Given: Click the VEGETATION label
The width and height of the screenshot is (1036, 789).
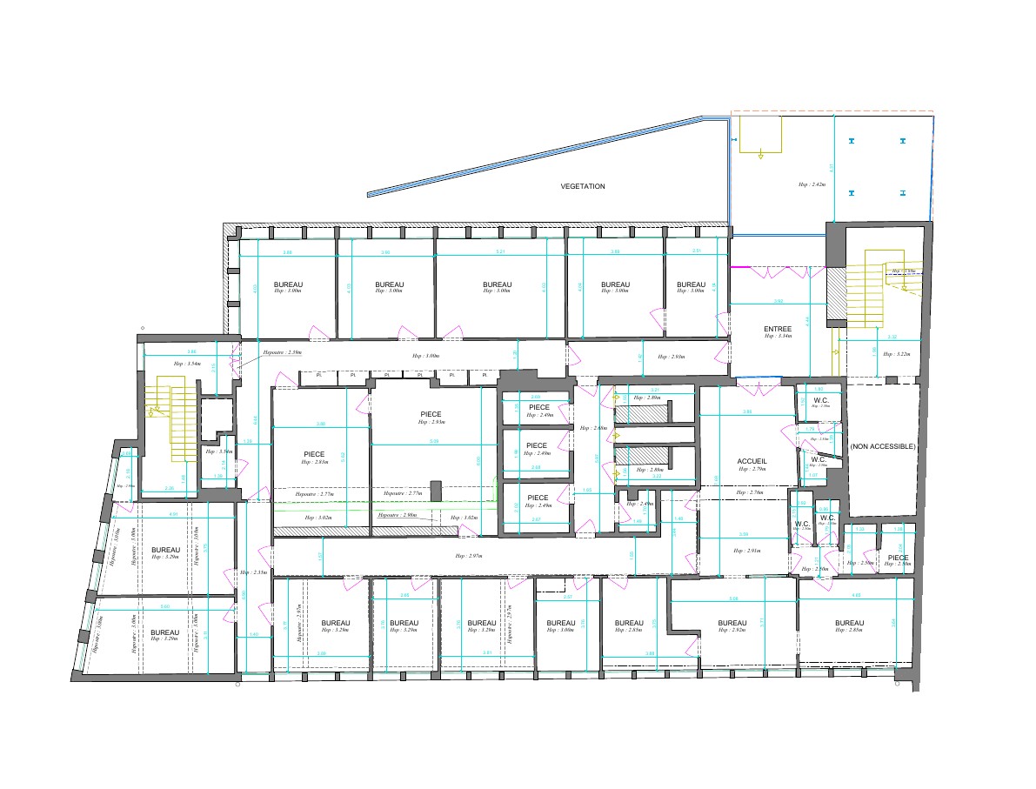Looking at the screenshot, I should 583,186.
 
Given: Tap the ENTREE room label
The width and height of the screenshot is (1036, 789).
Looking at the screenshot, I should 778,329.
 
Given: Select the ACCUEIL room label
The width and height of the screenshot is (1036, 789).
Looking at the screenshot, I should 752,461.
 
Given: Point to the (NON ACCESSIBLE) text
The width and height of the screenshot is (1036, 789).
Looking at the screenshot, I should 883,446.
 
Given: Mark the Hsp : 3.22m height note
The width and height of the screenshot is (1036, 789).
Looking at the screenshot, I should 896,355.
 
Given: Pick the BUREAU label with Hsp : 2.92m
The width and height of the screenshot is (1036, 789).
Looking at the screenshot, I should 732,623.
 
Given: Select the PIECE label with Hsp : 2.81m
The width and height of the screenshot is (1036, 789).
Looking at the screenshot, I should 315,454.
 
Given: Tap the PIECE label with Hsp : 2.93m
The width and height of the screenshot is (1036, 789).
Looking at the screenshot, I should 431,414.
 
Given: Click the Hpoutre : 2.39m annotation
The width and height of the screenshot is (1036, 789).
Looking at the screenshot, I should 282,352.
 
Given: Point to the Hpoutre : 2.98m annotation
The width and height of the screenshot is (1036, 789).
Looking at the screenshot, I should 398,515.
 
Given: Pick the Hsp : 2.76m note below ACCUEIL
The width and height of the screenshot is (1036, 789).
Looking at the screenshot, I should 749,493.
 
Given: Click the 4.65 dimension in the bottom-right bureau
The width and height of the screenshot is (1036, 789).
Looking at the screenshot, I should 856,596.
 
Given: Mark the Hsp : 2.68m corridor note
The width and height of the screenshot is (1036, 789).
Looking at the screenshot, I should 595,429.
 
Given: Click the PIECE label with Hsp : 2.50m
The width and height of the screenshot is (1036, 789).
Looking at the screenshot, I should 899,558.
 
